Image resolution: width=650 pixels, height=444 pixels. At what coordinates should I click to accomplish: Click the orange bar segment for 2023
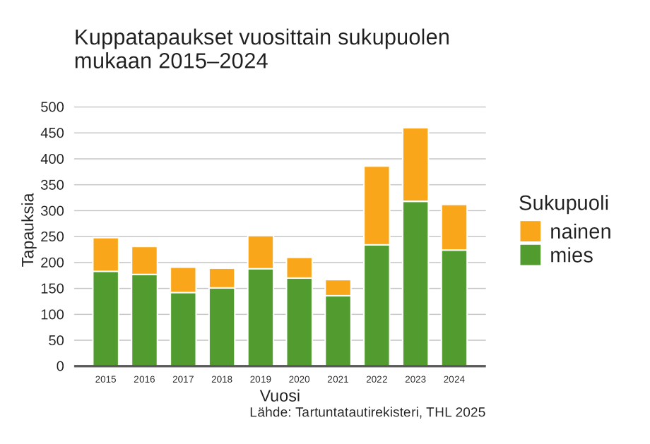click(x=415, y=164)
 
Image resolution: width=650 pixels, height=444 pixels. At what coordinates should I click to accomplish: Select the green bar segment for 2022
click(x=377, y=305)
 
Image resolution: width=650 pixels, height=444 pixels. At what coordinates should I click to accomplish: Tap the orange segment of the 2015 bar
click(x=106, y=255)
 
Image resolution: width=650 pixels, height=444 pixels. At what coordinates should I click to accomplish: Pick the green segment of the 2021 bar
click(x=338, y=330)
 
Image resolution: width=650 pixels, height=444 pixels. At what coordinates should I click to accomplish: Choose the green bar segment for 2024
click(x=454, y=308)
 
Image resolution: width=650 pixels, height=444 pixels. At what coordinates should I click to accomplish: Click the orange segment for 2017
click(x=183, y=280)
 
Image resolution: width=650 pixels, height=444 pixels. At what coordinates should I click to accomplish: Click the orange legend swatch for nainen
click(x=530, y=232)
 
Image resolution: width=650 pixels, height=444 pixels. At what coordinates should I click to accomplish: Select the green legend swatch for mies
click(x=530, y=255)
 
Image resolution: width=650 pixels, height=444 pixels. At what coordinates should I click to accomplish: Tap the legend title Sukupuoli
click(x=563, y=203)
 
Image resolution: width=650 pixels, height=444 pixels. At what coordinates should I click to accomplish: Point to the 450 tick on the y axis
click(x=52, y=133)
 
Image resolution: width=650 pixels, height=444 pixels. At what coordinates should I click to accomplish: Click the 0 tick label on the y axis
click(x=60, y=366)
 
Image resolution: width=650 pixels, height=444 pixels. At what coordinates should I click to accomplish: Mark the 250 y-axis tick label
click(x=52, y=236)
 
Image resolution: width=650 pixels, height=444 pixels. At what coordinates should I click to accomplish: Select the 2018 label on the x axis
click(x=222, y=380)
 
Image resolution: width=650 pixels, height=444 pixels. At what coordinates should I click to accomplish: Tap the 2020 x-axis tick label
click(x=299, y=380)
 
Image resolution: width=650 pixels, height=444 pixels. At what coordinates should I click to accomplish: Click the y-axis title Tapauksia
click(x=28, y=229)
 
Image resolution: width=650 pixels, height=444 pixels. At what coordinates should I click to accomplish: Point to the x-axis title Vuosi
click(x=280, y=395)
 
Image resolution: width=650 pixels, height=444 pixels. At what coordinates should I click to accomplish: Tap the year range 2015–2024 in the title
click(x=213, y=61)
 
